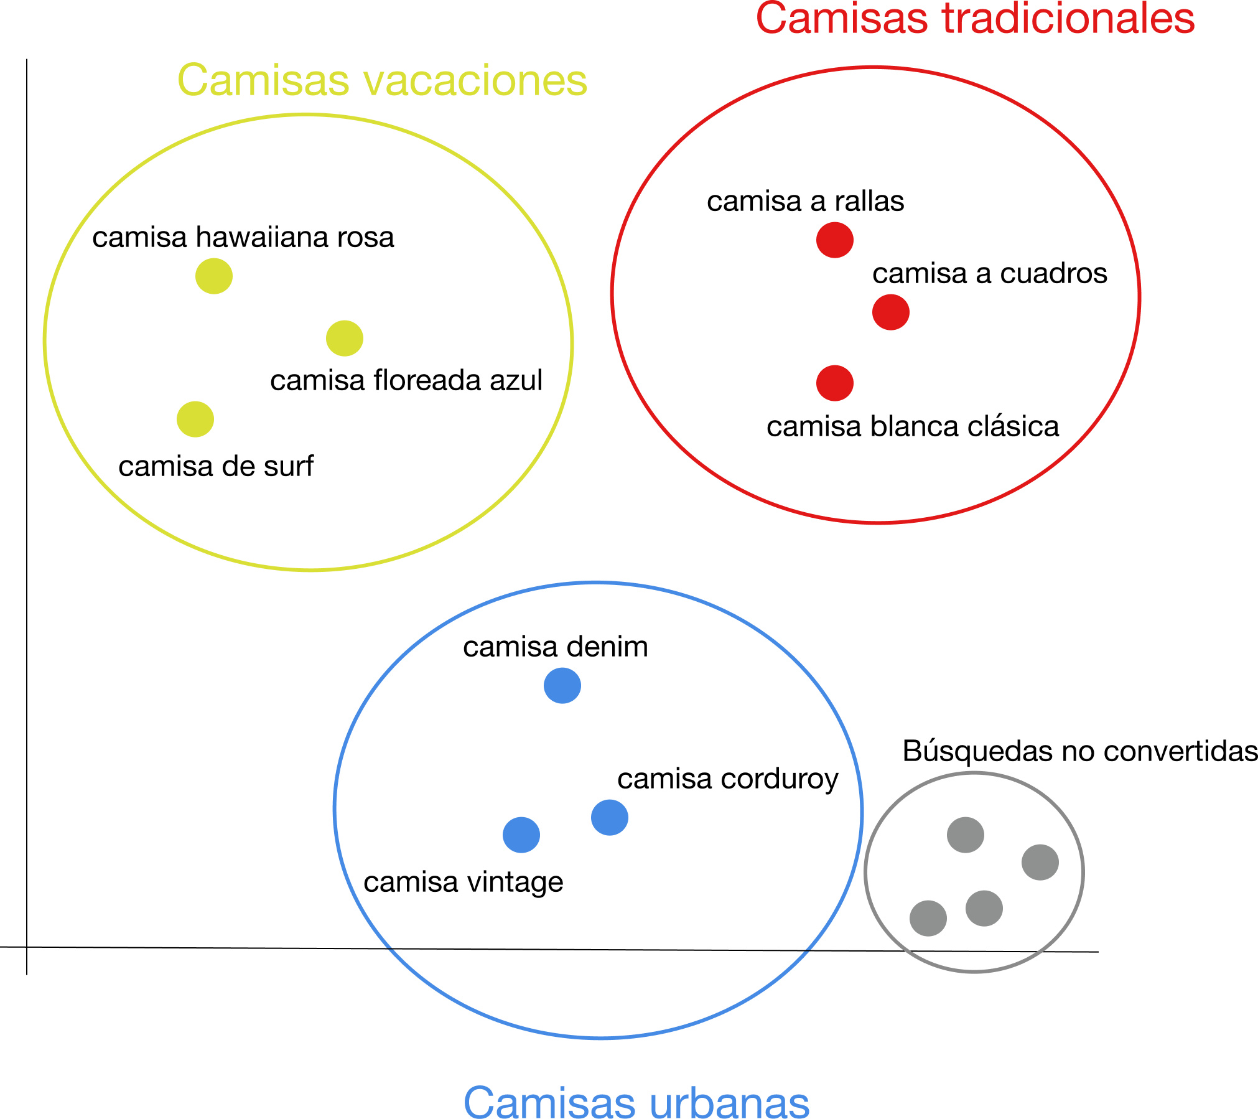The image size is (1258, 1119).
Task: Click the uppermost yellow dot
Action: pos(214,276)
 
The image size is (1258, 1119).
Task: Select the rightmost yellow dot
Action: pos(345,338)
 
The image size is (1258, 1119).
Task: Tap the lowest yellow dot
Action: pos(195,419)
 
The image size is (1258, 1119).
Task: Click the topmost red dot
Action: pos(835,240)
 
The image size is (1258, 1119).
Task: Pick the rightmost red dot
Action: pos(891,312)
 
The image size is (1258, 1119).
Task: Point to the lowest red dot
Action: pos(835,383)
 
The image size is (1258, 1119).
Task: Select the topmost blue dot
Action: pos(562,685)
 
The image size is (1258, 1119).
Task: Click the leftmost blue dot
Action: pos(521,835)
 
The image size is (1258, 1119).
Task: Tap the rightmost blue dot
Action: pos(610,817)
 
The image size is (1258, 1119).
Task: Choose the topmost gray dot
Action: pos(966,835)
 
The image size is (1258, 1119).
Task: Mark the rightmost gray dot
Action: pos(1040,862)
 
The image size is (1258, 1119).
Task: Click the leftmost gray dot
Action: pos(928,918)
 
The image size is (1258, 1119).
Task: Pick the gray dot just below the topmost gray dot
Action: pos(984,908)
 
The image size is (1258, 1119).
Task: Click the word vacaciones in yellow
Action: pos(475,81)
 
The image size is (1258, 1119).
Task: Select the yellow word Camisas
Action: pos(264,81)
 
